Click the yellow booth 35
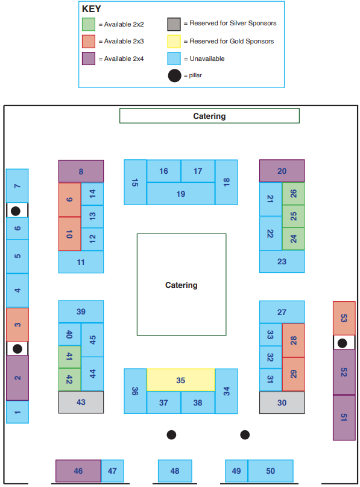(181, 380)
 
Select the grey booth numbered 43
(81, 402)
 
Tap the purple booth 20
(282, 171)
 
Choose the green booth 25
(293, 216)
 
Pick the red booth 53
(344, 318)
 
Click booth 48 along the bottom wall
(175, 471)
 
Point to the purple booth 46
(78, 471)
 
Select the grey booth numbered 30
(282, 403)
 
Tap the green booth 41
(69, 357)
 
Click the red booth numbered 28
(293, 340)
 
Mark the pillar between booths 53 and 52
(343, 343)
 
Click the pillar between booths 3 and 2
(17, 349)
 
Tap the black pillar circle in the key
(174, 75)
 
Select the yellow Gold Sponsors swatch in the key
(174, 42)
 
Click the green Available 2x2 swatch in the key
(89, 24)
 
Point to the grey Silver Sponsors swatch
(174, 24)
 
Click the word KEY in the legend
(92, 8)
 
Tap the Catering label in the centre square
(182, 285)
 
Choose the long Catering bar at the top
(209, 116)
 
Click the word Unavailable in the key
(207, 59)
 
